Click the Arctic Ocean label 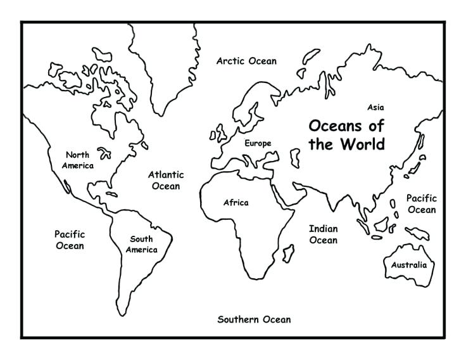[246, 61]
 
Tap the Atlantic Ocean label [166, 180]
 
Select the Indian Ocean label [323, 234]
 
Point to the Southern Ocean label [254, 319]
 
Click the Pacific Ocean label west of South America [69, 240]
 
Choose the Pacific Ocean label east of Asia [421, 204]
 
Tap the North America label [78, 160]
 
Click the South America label [141, 244]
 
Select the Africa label [236, 203]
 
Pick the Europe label [258, 143]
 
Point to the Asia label [375, 108]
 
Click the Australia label [408, 265]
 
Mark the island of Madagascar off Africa [288, 253]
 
